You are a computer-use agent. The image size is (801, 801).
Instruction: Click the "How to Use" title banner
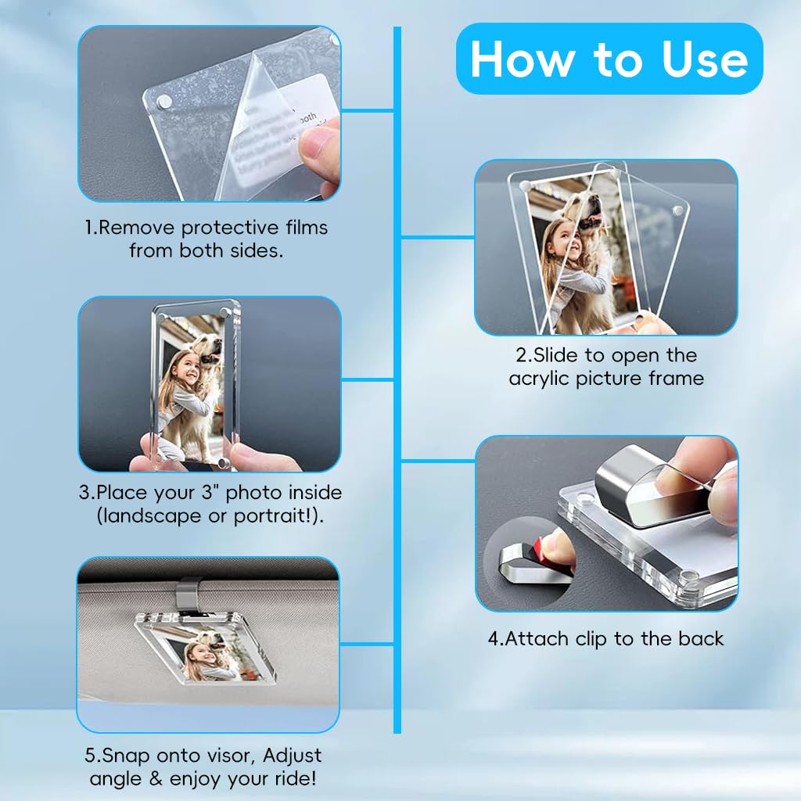point(609,59)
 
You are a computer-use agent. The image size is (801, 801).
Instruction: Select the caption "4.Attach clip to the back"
point(606,638)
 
